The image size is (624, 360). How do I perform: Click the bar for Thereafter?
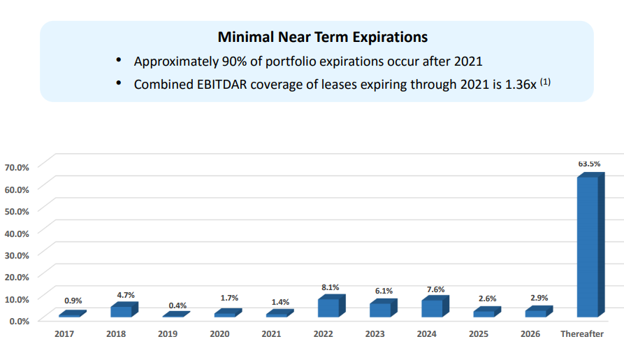[x=591, y=245]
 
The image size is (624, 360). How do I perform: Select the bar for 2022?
[x=331, y=306]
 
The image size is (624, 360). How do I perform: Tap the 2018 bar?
[x=124, y=310]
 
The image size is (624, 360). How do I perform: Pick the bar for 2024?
[x=435, y=306]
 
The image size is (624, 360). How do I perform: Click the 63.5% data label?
[x=589, y=164]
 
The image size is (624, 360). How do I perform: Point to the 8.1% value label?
[x=331, y=287]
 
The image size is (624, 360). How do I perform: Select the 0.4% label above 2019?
[x=177, y=305]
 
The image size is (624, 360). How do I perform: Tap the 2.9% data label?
[x=539, y=298]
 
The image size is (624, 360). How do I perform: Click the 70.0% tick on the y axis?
[x=17, y=168]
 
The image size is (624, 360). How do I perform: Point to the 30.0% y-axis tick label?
[x=17, y=255]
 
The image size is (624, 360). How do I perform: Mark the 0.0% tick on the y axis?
[x=19, y=321]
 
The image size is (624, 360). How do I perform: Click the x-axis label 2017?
[x=64, y=333]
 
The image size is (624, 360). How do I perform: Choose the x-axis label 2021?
[x=271, y=333]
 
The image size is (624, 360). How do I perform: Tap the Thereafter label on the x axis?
[x=582, y=333]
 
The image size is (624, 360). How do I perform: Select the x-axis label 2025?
[x=479, y=333]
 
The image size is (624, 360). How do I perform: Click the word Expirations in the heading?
[x=390, y=37]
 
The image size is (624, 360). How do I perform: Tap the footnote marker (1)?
[x=545, y=82]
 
